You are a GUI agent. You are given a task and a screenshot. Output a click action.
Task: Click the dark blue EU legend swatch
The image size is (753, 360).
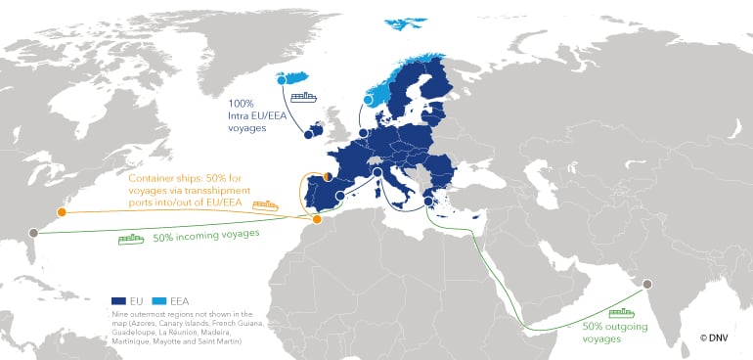click(x=120, y=301)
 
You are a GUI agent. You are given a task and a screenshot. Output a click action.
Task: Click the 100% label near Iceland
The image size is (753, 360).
click(x=242, y=103)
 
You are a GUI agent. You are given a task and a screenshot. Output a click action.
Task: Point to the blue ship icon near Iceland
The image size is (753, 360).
click(x=306, y=96)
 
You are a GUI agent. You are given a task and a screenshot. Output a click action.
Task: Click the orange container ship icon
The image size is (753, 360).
click(x=265, y=206)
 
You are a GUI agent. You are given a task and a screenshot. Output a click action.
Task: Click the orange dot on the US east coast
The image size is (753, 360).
click(x=62, y=211)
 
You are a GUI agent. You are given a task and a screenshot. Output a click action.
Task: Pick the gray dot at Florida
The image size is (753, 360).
click(x=34, y=233)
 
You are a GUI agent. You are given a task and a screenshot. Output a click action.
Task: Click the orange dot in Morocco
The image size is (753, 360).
click(x=316, y=219)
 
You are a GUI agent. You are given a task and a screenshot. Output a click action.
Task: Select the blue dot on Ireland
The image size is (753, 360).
click(x=308, y=136)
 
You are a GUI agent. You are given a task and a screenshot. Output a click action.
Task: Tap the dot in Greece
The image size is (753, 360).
click(x=428, y=203)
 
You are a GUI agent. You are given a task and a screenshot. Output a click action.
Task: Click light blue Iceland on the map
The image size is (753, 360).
click(x=293, y=79)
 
